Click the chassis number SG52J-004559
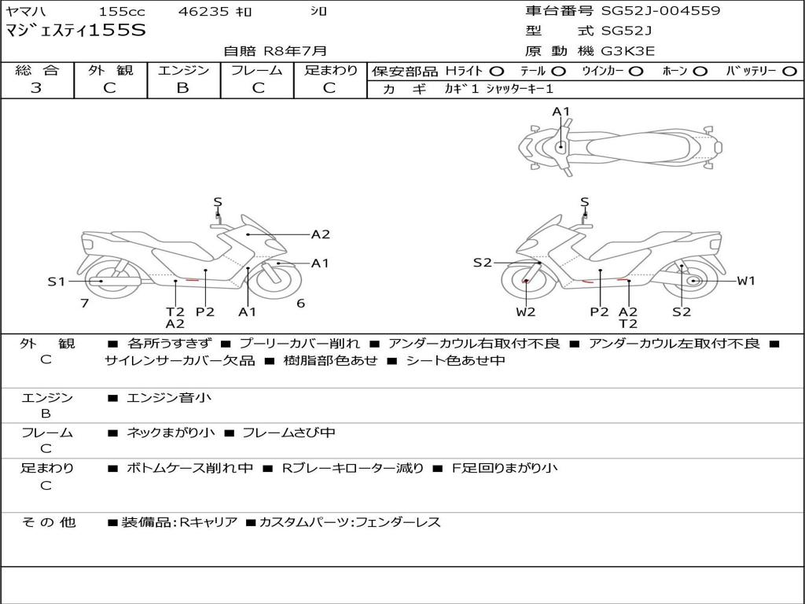(660, 11)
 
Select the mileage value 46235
(204, 12)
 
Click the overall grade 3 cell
(36, 88)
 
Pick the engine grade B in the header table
(182, 88)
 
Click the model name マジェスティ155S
(75, 31)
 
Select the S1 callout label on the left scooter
(56, 282)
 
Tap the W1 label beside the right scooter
(745, 281)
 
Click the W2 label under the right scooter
(526, 312)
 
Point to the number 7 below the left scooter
(84, 303)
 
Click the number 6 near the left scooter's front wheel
(300, 303)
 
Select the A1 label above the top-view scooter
(561, 112)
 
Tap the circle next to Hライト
(496, 71)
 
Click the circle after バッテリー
(789, 71)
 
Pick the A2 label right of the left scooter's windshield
(320, 234)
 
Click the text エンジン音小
(169, 398)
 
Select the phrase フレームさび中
(289, 433)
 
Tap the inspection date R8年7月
(295, 51)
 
